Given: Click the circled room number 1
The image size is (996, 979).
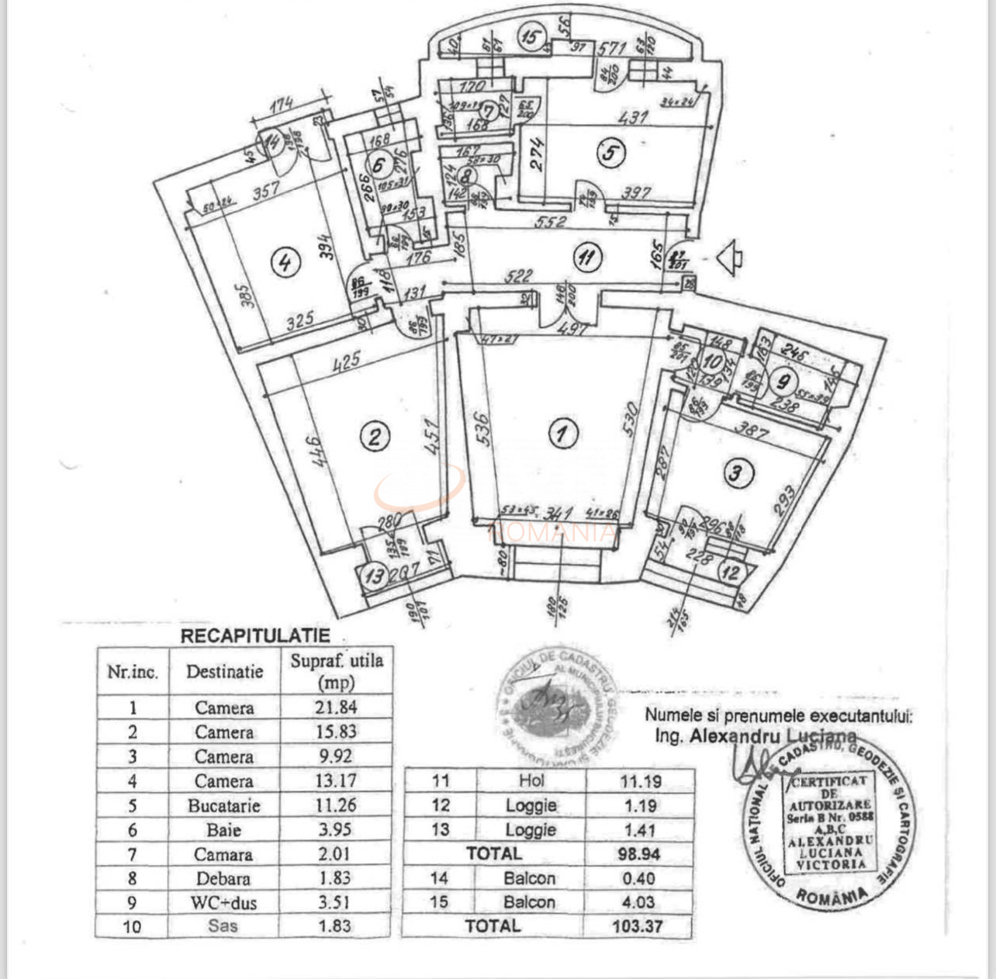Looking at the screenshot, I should (561, 434).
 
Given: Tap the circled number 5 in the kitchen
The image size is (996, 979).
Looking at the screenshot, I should (610, 153).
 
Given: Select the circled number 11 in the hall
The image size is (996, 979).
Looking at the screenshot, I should (587, 256).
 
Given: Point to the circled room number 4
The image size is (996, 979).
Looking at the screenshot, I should (285, 262).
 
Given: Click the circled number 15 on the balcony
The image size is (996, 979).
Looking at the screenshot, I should (531, 36).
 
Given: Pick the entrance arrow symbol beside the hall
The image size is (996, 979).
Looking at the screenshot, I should (729, 258).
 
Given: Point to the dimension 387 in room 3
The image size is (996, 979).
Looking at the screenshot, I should (751, 427).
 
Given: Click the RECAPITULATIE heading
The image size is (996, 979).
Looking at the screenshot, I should (255, 636).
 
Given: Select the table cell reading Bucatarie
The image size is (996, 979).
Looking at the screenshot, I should (223, 805).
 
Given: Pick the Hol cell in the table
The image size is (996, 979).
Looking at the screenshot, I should (531, 781).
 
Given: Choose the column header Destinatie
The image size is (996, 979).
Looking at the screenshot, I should (223, 672).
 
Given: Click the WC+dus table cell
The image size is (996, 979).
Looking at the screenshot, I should (223, 902).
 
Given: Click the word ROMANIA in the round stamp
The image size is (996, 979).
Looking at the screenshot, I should (832, 897).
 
